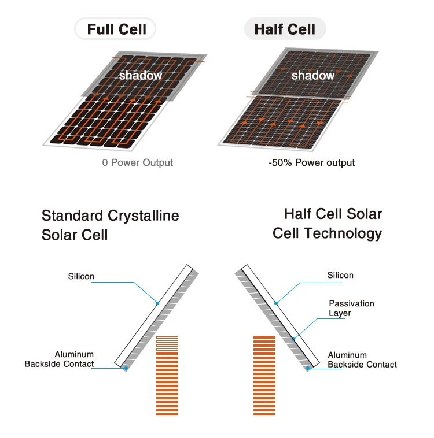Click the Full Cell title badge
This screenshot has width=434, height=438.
[116, 29]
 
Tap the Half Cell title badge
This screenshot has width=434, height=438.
[285, 29]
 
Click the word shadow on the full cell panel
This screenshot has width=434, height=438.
[140, 76]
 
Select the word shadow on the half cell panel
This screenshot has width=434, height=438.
[312, 76]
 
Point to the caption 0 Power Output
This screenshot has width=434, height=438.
[138, 163]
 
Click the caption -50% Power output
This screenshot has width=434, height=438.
[311, 163]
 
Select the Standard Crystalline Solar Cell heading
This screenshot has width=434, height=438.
[110, 225]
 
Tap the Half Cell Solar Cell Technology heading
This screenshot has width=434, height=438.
[328, 223]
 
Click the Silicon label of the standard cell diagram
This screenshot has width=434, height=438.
[80, 276]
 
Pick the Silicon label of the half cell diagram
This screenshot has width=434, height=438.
[340, 275]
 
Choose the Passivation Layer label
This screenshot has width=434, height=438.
[351, 308]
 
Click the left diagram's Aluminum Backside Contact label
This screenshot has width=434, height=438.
[59, 359]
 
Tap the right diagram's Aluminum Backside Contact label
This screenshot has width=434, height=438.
[362, 359]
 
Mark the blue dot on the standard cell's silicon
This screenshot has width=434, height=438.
[157, 302]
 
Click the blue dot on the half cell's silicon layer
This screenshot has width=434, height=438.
[276, 302]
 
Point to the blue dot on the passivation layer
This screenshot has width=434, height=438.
[295, 339]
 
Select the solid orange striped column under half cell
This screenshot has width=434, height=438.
[264, 375]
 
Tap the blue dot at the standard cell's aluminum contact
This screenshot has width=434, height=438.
[126, 368]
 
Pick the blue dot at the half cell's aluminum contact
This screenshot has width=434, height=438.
[308, 368]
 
